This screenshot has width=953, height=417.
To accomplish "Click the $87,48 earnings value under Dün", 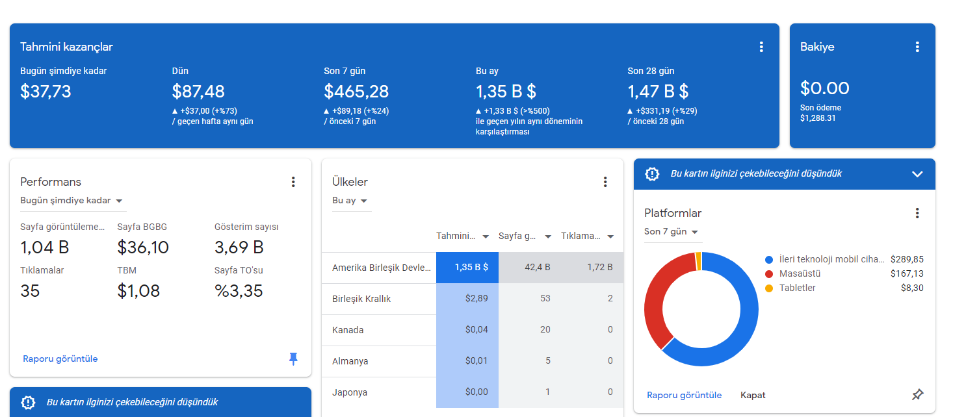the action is tap(198, 92).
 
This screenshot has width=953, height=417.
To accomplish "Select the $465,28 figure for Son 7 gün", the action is tap(356, 92).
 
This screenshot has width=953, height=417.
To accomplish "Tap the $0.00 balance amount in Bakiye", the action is tap(824, 88).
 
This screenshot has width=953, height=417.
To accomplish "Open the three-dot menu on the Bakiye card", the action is tap(917, 47).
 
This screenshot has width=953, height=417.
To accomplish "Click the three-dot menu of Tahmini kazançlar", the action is tap(761, 47).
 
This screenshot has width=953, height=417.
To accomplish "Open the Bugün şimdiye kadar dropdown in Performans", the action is tap(72, 201).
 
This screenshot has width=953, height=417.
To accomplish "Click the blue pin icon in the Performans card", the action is tap(293, 359).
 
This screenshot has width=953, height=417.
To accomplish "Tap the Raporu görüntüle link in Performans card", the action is tap(60, 359).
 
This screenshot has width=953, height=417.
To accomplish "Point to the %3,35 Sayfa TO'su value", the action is tap(239, 291).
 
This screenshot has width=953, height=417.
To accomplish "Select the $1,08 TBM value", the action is tap(138, 291).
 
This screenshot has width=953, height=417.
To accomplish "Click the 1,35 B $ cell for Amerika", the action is tap(467, 268).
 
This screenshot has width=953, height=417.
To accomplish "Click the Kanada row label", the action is tap(348, 330).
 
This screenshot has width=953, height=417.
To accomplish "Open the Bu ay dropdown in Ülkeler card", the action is tap(349, 201).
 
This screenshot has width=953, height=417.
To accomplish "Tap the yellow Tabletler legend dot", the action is tap(769, 288).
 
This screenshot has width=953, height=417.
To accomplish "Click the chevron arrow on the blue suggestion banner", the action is tap(917, 174).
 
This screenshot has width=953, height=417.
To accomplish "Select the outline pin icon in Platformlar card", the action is tap(917, 395).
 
